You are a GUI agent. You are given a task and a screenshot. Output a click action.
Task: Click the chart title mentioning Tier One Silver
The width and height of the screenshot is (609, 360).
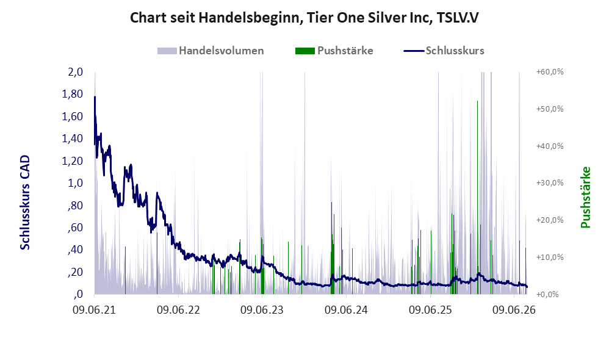pos(304,18)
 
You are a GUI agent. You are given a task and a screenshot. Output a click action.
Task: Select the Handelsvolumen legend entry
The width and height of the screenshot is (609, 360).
pos(211,51)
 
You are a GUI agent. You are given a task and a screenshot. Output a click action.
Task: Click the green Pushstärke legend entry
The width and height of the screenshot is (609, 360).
pos(334,51)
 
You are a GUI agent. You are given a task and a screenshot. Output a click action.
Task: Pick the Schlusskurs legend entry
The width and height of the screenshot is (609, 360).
pos(444,51)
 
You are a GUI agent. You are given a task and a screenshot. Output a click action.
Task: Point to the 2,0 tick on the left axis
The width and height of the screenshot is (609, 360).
pos(75,72)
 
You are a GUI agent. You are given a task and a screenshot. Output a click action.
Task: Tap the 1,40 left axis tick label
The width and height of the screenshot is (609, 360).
pos(72,139)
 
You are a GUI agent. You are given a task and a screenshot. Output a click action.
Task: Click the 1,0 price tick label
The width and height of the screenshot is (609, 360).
pos(75,183)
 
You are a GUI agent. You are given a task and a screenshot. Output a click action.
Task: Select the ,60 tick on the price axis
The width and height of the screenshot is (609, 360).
pos(74,227)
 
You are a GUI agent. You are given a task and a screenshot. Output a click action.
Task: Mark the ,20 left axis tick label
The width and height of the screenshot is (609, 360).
pos(74,272)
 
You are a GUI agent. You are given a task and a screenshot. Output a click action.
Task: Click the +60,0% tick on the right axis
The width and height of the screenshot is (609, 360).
pos(550,72)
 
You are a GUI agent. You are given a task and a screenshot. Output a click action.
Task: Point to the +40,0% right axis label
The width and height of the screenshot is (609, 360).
pos(550,146)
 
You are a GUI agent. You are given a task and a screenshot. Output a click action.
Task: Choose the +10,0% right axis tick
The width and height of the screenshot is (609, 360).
pos(550,257)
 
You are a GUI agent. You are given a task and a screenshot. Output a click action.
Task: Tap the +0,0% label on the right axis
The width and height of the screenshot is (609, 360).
pos(547,294)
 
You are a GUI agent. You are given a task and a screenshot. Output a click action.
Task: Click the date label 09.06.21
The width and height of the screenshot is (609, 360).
pos(95,310)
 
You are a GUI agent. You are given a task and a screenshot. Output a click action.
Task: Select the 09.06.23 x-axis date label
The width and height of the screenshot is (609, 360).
pos(262,310)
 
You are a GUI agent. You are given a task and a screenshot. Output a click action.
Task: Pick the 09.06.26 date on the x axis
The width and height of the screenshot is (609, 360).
pos(514,310)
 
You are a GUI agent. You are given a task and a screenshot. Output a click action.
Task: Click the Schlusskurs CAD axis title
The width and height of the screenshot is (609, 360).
pos(25,203)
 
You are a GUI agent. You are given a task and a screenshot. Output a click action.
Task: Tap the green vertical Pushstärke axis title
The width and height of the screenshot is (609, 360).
pos(585,197)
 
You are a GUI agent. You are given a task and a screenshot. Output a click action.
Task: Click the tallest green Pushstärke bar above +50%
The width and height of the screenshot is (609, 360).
pos(477,197)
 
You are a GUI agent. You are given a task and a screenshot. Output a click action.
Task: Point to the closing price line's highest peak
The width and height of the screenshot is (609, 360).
pos(95,96)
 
